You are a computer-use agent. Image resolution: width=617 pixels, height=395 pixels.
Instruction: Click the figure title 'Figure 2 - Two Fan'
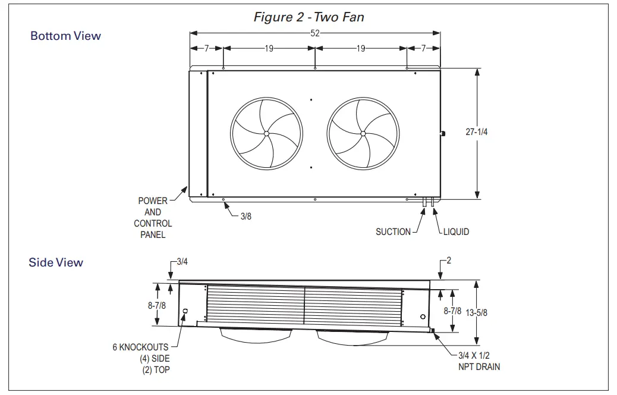[308, 17]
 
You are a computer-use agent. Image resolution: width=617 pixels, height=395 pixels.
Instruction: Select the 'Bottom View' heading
[65, 36]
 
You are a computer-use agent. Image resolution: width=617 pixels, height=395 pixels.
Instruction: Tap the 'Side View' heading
[56, 262]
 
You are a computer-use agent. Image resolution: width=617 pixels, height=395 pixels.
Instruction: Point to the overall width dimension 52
[315, 34]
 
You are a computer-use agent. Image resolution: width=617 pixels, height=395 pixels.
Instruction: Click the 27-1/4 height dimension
[476, 132]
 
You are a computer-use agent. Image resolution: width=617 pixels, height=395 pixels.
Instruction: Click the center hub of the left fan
[266, 133]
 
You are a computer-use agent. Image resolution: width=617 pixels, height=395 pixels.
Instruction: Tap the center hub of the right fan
[363, 133]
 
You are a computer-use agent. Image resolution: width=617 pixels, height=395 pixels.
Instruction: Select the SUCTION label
[393, 231]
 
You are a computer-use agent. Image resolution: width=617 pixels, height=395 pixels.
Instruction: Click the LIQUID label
[456, 231]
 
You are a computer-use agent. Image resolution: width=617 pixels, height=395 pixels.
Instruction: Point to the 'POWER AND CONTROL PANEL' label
[153, 218]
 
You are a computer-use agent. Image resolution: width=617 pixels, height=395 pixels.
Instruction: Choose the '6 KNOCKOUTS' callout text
[141, 347]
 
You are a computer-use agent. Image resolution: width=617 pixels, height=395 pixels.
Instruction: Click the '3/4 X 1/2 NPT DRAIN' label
[479, 361]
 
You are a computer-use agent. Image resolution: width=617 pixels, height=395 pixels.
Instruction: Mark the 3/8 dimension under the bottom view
[246, 217]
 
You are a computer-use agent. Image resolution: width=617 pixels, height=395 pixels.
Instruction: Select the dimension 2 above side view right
[449, 261]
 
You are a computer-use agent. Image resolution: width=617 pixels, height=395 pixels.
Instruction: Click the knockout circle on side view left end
[185, 311]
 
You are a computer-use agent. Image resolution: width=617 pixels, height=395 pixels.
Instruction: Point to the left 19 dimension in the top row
[269, 49]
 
